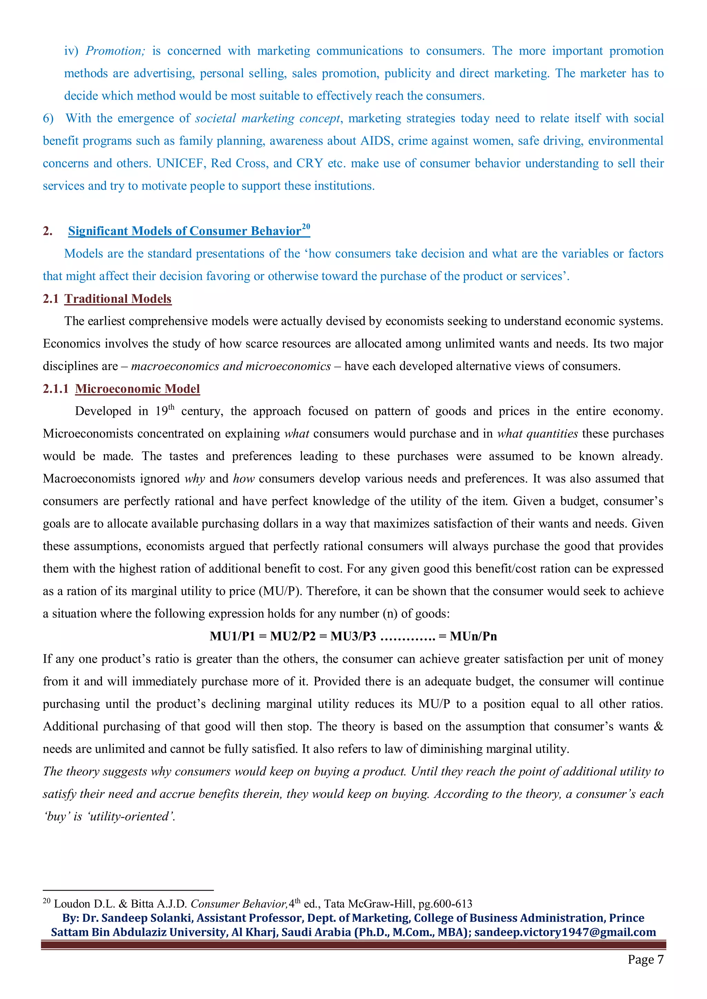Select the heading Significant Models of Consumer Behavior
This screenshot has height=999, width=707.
coord(184,231)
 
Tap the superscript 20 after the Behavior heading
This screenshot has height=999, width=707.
coord(306,227)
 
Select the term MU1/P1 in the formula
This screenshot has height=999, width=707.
coord(232,636)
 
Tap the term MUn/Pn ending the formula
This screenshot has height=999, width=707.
coord(473,636)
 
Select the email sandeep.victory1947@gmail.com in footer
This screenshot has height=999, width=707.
coord(565,932)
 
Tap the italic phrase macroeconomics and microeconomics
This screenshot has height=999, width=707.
coord(231,366)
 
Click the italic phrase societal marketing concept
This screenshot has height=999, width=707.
coord(267,118)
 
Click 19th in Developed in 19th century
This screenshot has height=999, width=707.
coord(165,411)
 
